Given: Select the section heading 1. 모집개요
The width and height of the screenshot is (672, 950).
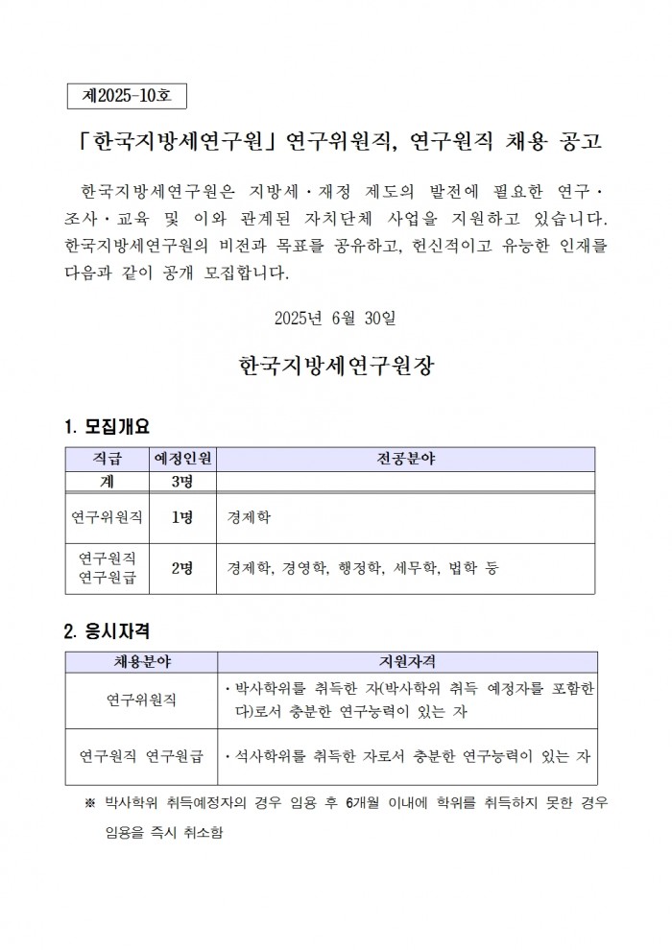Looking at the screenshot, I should pos(107,426).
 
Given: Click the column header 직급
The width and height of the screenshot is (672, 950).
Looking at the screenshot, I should pos(107,459).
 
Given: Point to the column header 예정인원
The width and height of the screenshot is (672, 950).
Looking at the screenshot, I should pos(183,459).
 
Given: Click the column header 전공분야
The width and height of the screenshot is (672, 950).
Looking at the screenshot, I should pos(405,459).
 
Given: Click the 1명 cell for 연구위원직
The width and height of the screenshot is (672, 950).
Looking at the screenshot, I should pos(183,517).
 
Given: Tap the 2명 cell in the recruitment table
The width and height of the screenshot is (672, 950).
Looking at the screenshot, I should pos(183,568).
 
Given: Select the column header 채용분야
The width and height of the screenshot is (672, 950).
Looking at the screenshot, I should pos(141,662).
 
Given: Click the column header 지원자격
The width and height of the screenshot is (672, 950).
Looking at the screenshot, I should pos(405,662).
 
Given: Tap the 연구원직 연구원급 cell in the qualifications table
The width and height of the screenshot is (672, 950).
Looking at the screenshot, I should pos(141,756).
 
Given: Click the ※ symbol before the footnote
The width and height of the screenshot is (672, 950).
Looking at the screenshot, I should pos(90,801).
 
